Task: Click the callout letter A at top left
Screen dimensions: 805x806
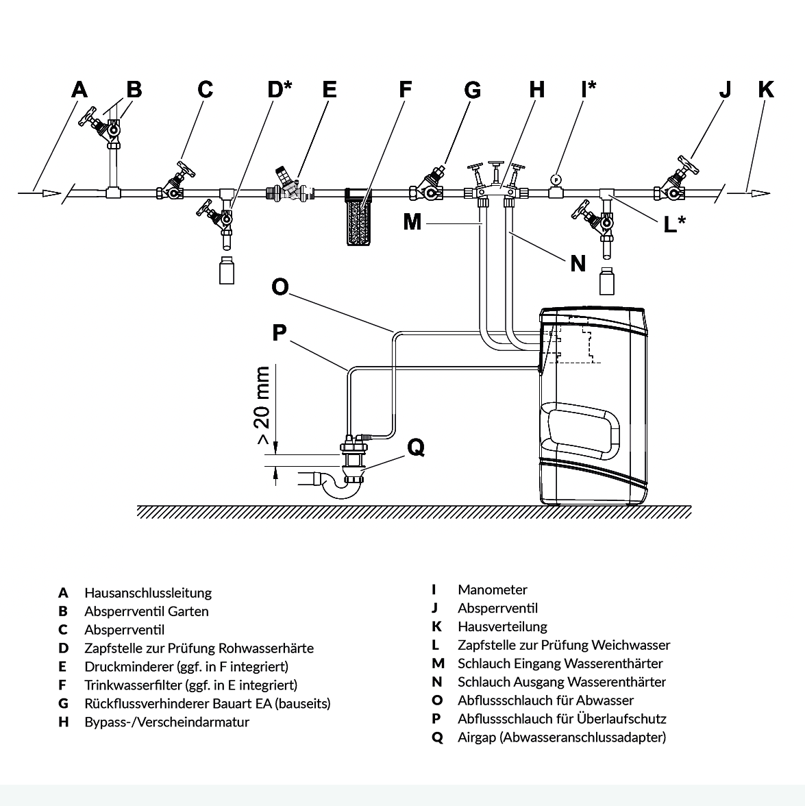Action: coord(79,89)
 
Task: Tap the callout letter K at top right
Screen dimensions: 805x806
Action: coord(766,89)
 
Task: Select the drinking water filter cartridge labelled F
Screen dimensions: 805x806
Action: coord(358,217)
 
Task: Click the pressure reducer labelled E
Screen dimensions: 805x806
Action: coord(289,186)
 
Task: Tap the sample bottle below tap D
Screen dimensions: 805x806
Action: coord(227,270)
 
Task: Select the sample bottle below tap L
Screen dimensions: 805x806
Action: coord(607,281)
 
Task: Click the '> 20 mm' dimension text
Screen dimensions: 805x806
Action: coord(262,405)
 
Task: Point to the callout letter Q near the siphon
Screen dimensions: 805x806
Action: coord(416,448)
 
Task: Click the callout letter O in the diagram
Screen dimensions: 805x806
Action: coord(280,286)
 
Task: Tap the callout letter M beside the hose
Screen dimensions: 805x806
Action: coord(412,222)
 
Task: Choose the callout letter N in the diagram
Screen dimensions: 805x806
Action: coord(578,264)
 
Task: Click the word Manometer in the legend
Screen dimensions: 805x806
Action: coord(492,589)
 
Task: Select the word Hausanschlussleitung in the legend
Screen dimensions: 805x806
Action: coord(148,594)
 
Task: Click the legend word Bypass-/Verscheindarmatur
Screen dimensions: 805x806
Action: coord(167,722)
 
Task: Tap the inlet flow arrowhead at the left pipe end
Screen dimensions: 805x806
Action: coord(51,193)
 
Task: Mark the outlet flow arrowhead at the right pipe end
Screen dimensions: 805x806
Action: coord(761,193)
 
